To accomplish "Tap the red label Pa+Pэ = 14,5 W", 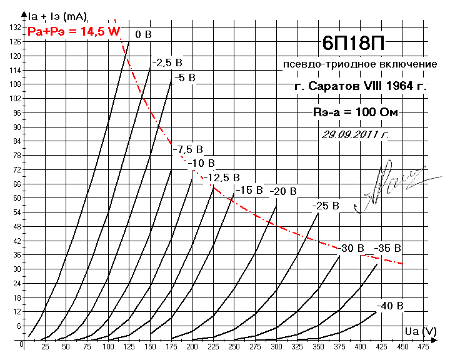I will click(74, 31).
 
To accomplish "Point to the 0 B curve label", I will click(143, 34).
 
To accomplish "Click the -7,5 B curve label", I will click(188, 149).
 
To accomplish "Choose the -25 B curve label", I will click(326, 205).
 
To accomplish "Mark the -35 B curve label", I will click(387, 248).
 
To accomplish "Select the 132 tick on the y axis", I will click(14, 27).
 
